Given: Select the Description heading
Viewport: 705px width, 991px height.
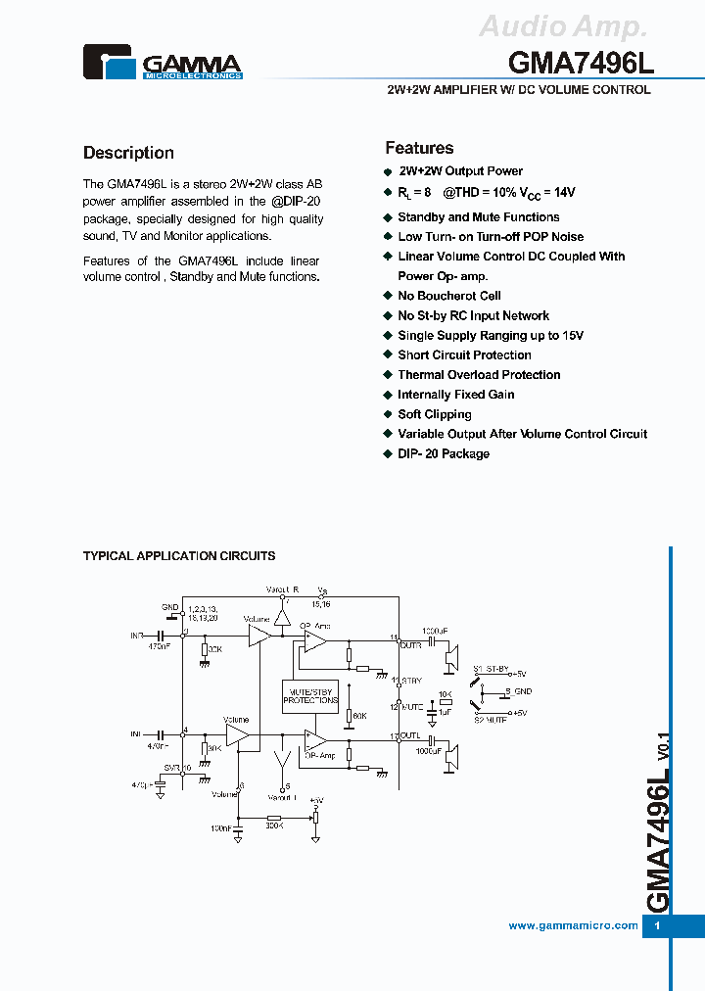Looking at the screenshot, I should (x=128, y=153).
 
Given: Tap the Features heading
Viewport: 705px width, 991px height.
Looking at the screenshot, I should (x=419, y=148).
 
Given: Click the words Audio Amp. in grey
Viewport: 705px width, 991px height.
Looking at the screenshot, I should (x=563, y=26).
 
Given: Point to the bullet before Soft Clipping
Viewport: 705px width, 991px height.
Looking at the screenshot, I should (x=388, y=414).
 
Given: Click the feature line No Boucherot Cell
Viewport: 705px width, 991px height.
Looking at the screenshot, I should (x=448, y=296).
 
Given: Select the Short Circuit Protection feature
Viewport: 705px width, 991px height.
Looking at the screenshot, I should (x=464, y=355).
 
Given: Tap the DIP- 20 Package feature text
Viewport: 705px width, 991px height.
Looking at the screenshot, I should (x=443, y=454).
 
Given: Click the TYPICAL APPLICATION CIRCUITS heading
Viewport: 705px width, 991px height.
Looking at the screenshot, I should (x=179, y=556).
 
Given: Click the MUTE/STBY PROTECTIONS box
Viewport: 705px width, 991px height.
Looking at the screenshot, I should (x=310, y=695).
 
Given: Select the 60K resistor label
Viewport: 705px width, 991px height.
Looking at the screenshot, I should (x=359, y=717).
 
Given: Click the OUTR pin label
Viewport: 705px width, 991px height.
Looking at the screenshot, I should (x=411, y=644).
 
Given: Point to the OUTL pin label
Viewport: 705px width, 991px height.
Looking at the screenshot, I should (x=411, y=736).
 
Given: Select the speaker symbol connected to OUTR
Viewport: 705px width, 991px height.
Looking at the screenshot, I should (x=450, y=657).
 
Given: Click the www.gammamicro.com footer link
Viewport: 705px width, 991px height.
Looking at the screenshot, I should (x=573, y=925).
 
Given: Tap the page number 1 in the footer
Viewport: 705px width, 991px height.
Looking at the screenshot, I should (x=657, y=926).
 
